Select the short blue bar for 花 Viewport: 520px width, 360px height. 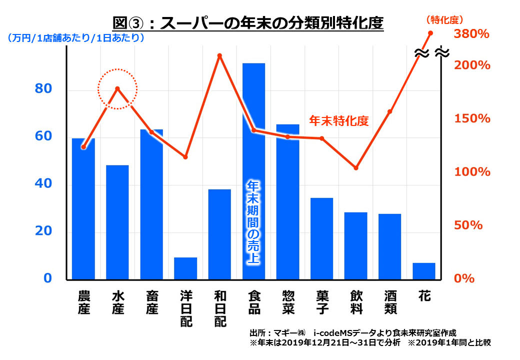click(424, 271)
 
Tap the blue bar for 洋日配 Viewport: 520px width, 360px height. click(185, 268)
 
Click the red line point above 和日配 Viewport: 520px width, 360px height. click(219, 55)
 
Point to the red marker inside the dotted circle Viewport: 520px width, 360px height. click(117, 89)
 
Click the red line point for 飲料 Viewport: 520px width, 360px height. click(356, 168)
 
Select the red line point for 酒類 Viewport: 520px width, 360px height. click(390, 111)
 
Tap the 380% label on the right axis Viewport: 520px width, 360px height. click(470, 34)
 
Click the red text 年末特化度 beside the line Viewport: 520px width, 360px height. click(338, 121)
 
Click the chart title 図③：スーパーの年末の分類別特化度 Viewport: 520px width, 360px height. click(248, 23)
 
